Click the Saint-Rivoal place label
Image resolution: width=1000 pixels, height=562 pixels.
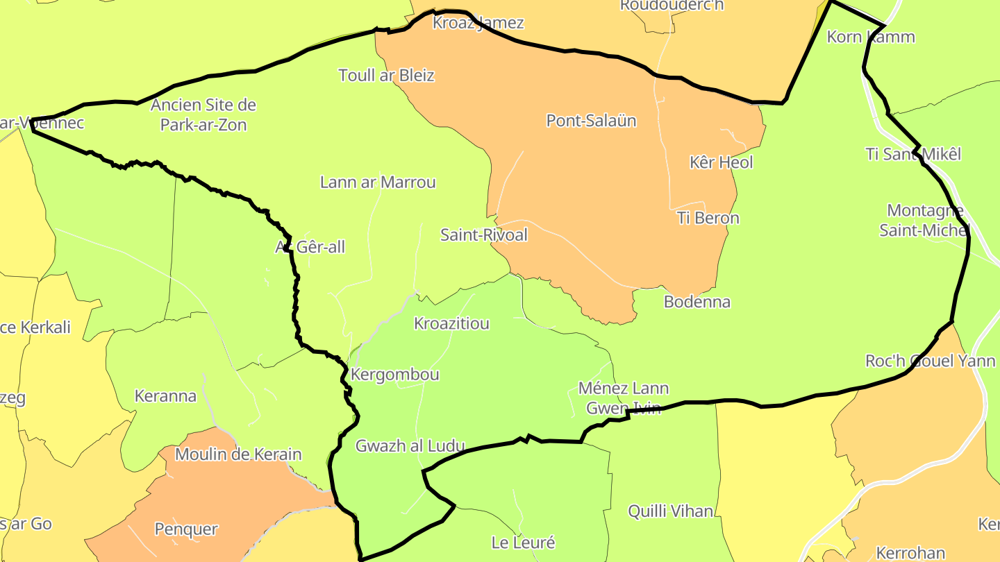[484, 235]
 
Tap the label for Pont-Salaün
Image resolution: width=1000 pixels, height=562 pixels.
[591, 121]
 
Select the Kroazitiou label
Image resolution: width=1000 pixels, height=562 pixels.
[451, 323]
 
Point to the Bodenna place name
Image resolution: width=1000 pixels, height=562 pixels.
[697, 302]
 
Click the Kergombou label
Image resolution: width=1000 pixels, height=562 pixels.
[395, 375]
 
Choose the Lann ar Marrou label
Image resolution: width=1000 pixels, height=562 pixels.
[378, 182]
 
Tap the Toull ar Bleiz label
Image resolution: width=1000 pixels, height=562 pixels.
[386, 75]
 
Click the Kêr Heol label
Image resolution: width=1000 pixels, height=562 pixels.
[722, 162]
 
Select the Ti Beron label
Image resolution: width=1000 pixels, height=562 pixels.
[708, 218]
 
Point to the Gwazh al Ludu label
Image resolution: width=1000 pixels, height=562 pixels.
[410, 446]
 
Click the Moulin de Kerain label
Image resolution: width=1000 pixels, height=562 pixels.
[238, 455]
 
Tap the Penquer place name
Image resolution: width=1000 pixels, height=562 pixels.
[186, 529]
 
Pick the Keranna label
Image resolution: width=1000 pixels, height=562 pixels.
[165, 397]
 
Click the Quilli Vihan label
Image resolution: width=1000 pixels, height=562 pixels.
[670, 511]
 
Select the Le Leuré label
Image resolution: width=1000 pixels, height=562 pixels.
[523, 543]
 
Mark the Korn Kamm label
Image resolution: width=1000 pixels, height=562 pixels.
[871, 37]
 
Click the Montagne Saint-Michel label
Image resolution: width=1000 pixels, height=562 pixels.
[924, 220]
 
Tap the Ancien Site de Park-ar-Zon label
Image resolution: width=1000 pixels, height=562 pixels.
[203, 115]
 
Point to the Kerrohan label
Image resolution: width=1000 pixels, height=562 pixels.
[910, 553]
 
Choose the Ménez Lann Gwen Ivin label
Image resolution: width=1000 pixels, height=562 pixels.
[624, 398]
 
